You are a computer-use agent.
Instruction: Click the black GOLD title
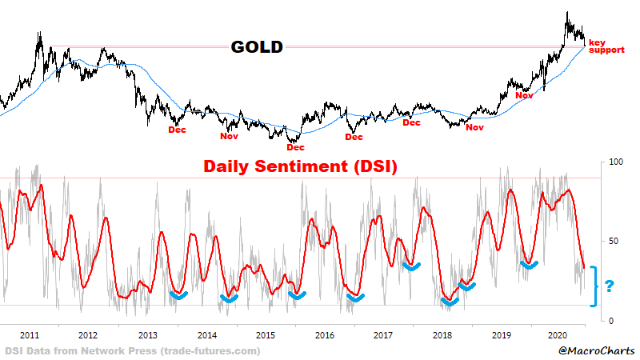tap(257, 47)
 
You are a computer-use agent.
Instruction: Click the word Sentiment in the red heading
tap(306, 167)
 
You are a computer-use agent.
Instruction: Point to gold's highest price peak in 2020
tap(567, 13)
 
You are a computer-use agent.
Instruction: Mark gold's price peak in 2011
tap(38, 33)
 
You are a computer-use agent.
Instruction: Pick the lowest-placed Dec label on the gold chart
tap(295, 147)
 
